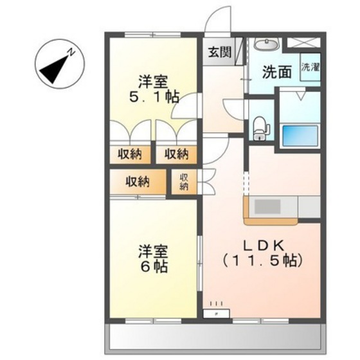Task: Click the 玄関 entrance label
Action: click(x=216, y=51)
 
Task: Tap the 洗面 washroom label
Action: click(x=275, y=72)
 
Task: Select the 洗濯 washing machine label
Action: click(x=310, y=68)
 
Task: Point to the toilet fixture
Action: click(x=260, y=127)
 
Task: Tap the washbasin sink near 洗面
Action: click(x=265, y=45)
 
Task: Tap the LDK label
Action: click(x=262, y=245)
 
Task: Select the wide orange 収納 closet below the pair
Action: click(x=138, y=182)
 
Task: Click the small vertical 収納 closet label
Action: click(x=184, y=182)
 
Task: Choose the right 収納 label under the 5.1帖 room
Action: click(x=175, y=154)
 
